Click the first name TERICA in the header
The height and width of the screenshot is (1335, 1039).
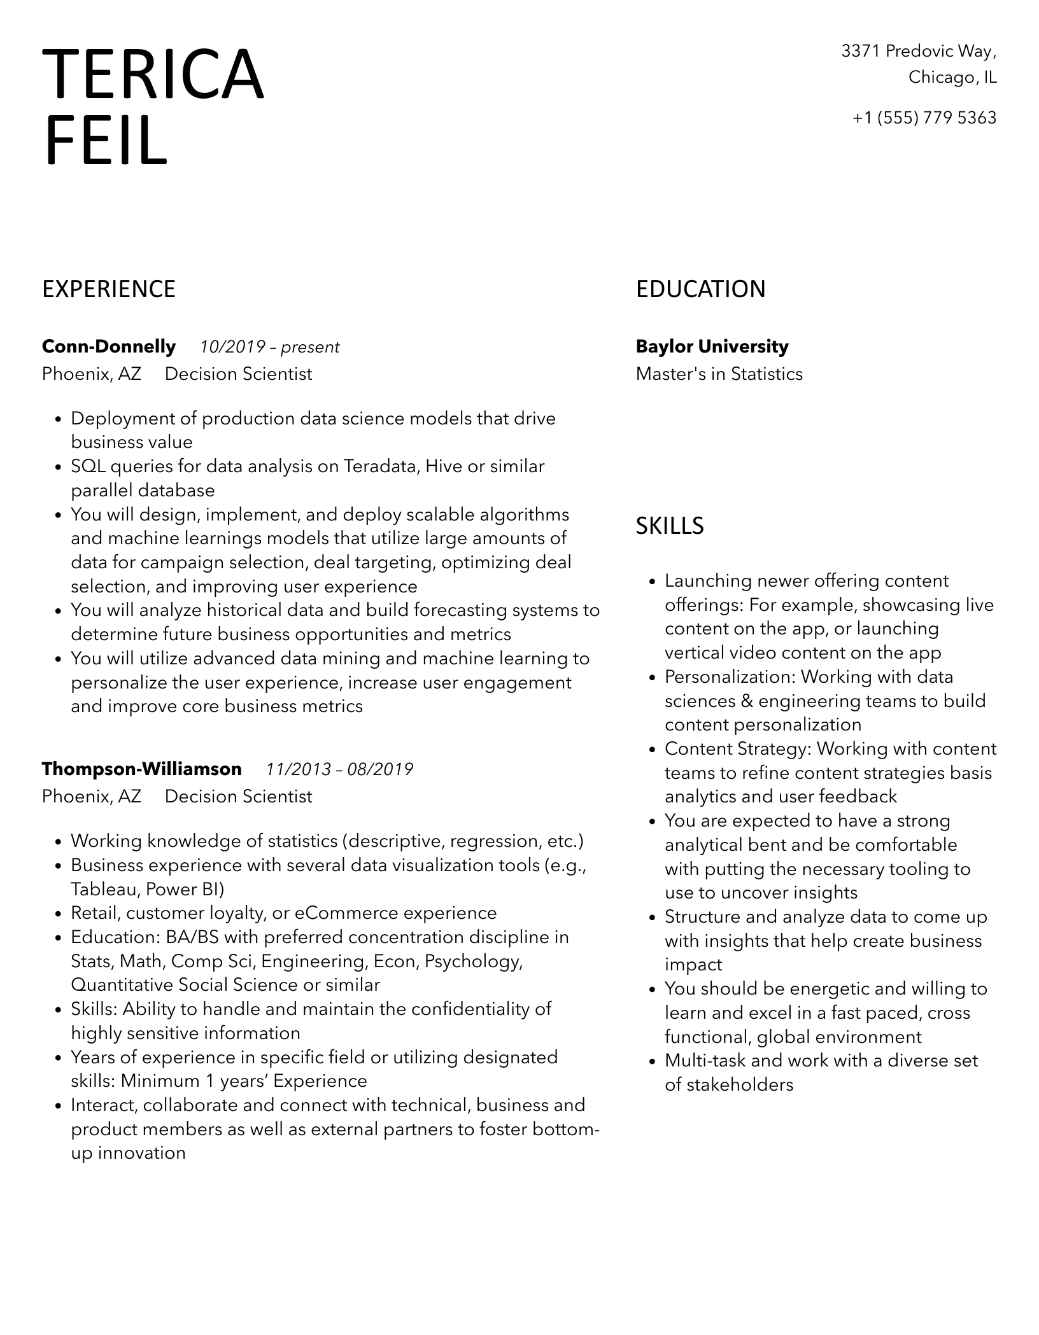tap(153, 75)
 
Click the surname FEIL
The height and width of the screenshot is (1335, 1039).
tap(106, 141)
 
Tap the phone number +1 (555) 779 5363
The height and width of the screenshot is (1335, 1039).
tap(924, 118)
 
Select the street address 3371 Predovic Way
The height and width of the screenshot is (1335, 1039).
tap(919, 51)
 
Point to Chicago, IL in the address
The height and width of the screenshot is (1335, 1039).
tap(952, 78)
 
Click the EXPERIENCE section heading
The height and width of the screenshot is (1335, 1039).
tap(109, 290)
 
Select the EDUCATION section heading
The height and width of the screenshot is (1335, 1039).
tap(700, 290)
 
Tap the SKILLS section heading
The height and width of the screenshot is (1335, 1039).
tap(670, 526)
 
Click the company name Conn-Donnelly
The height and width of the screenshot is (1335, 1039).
tap(109, 347)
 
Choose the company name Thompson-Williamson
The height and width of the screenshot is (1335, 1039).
tap(142, 769)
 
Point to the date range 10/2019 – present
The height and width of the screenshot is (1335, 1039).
tap(269, 347)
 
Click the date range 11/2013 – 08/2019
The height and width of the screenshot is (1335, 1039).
tap(339, 770)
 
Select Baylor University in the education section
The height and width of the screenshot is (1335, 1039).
tap(712, 347)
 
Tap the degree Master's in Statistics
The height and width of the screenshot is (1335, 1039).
tap(719, 374)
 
